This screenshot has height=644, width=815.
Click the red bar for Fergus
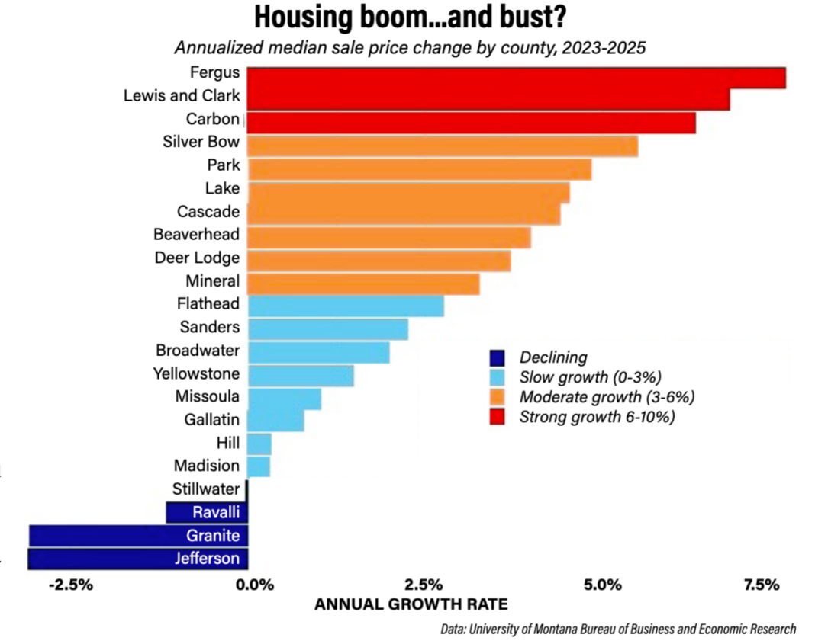pyautogui.click(x=516, y=78)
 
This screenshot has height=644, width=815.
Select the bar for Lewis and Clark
pyautogui.click(x=488, y=99)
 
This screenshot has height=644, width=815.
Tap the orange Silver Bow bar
pyautogui.click(x=443, y=146)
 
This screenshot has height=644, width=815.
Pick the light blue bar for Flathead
pyautogui.click(x=346, y=306)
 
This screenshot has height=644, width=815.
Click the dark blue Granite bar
pyautogui.click(x=138, y=536)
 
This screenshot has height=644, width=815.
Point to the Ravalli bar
pyautogui.click(x=207, y=512)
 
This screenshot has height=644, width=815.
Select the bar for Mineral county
pyautogui.click(x=363, y=283)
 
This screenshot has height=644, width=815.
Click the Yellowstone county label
pyautogui.click(x=196, y=373)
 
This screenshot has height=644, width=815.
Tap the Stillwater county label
pyautogui.click(x=206, y=489)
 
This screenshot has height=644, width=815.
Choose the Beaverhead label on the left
pyautogui.click(x=196, y=234)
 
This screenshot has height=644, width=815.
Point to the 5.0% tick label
pyautogui.click(x=602, y=585)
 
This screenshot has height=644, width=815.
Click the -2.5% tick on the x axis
pyautogui.click(x=70, y=585)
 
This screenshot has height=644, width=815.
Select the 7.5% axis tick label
pyautogui.click(x=761, y=585)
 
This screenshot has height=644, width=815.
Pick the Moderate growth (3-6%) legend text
pyautogui.click(x=607, y=396)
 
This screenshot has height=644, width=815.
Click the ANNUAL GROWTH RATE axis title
pyautogui.click(x=411, y=605)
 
